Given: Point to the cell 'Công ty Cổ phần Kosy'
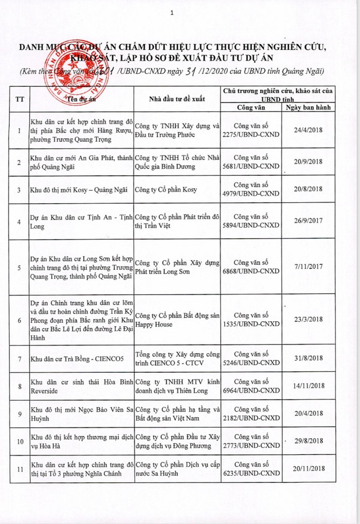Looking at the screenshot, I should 166,189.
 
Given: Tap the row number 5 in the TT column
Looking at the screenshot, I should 19,267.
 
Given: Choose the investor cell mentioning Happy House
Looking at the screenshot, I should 177,319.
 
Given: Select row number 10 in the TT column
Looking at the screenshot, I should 19,441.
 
